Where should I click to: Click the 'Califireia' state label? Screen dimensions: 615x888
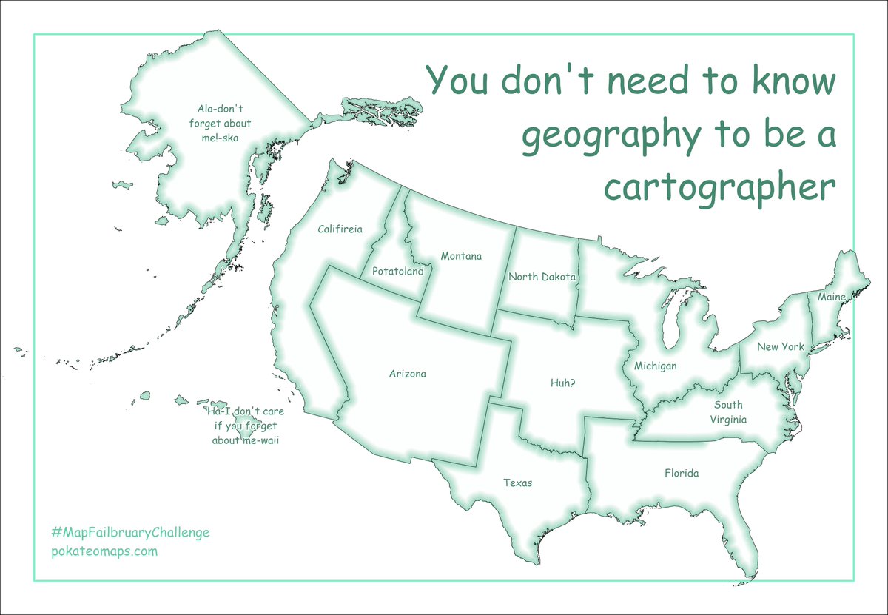click(340, 229)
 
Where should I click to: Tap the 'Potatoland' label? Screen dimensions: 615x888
click(397, 271)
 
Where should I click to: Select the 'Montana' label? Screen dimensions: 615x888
click(461, 256)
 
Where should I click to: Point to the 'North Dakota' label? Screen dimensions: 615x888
click(542, 277)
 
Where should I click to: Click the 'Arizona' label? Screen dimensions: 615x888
click(408, 374)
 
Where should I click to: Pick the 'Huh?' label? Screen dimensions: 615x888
click(563, 383)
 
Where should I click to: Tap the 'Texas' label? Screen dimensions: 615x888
click(517, 483)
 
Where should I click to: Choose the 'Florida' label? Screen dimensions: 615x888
click(681, 473)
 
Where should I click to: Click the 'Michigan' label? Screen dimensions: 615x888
click(655, 366)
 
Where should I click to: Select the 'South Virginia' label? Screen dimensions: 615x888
click(728, 412)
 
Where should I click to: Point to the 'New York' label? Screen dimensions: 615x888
click(780, 346)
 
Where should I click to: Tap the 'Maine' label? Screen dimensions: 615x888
click(831, 297)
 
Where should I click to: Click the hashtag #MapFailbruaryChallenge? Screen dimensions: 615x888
click(130, 532)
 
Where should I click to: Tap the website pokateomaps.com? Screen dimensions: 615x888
click(104, 551)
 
